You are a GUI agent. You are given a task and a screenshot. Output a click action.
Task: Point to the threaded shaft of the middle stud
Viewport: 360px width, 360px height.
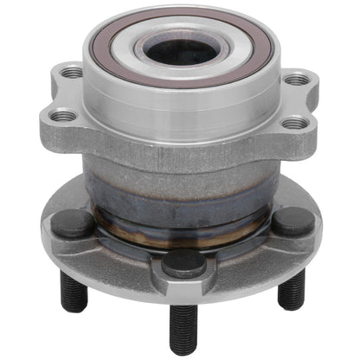181,325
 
